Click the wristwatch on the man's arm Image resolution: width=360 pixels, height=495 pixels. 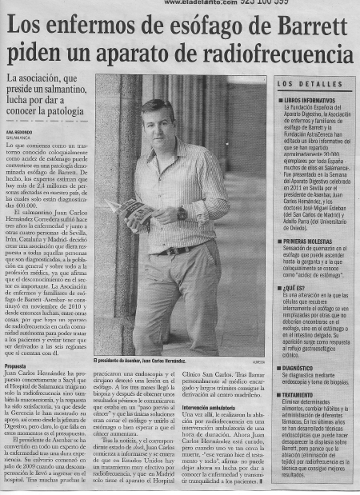pyautogui.click(x=182, y=214)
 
